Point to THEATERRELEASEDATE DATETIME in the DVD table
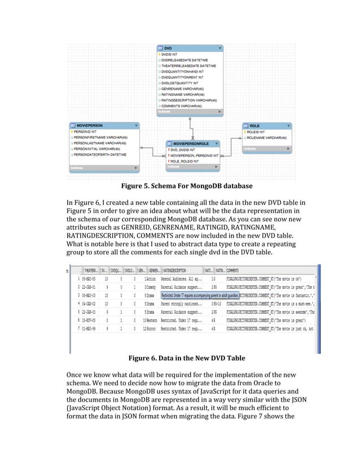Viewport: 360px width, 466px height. (x=192, y=66)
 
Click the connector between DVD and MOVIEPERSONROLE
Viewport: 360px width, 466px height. (x=191, y=127)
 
